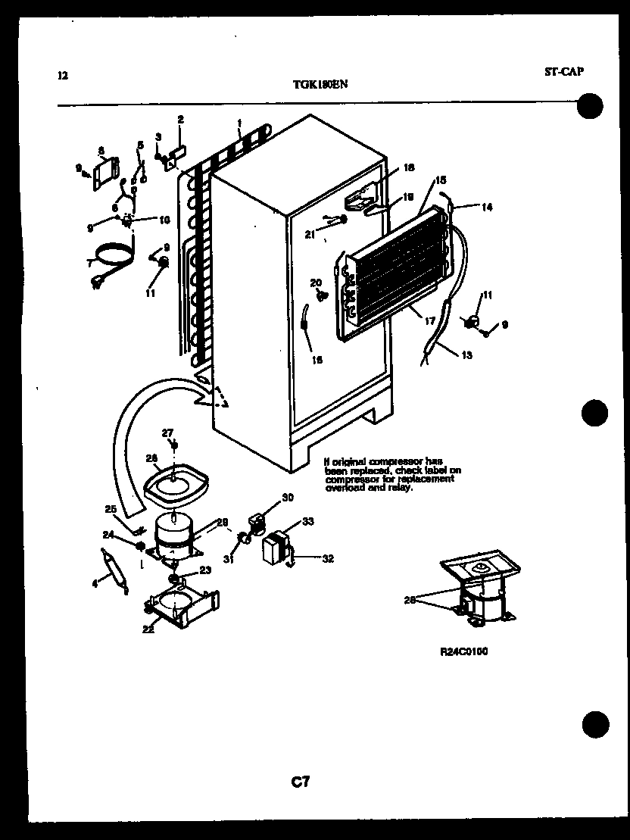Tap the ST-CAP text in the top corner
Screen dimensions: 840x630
[x=563, y=72]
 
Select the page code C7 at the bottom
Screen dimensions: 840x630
[x=301, y=782]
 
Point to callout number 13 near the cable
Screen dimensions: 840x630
[x=466, y=355]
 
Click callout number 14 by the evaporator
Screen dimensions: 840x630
[x=486, y=207]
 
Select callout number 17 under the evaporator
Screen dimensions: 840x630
[x=431, y=321]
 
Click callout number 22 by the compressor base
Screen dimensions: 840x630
[x=148, y=628]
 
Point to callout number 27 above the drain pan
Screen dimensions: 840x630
[x=167, y=432]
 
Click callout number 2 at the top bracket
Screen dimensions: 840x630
[x=180, y=119]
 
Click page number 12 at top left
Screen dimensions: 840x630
[x=62, y=75]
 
